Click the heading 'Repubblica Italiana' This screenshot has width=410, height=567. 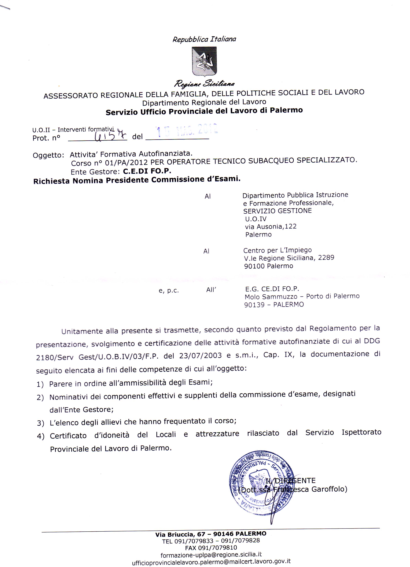click(x=204, y=39)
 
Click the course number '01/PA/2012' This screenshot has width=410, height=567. click(x=126, y=163)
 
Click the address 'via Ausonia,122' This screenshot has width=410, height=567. click(x=271, y=226)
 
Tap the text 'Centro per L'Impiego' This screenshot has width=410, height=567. click(x=277, y=250)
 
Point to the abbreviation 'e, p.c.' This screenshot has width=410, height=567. click(x=169, y=291)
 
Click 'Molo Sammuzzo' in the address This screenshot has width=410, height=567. click(x=271, y=297)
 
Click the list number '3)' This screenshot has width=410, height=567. click(x=41, y=423)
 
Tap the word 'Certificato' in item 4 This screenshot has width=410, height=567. click(x=68, y=436)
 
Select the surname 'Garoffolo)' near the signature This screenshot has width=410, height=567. click(x=329, y=489)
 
